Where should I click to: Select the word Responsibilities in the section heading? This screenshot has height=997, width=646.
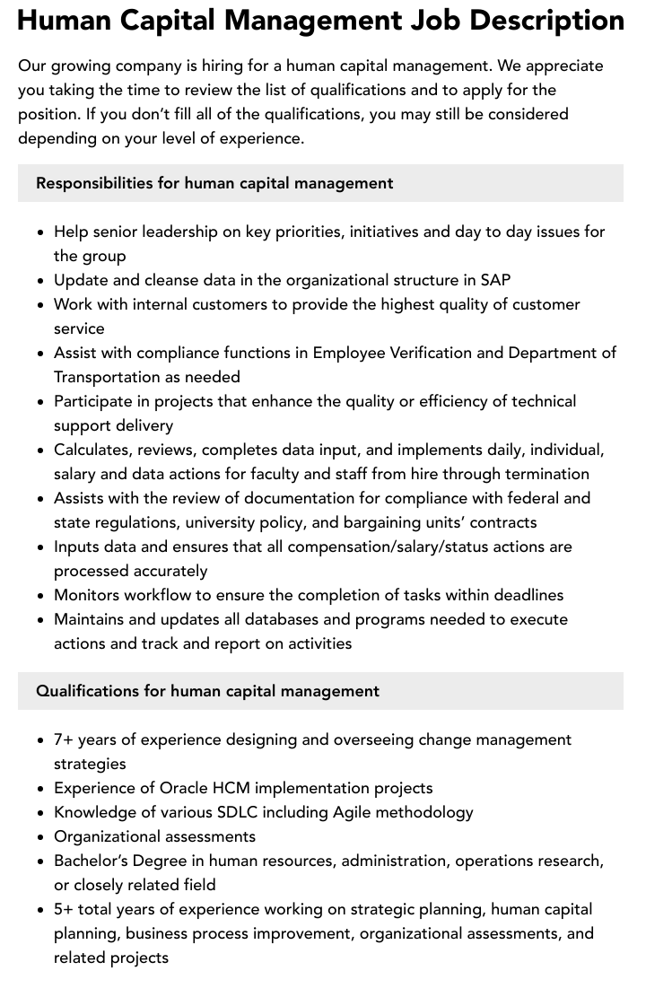(x=94, y=183)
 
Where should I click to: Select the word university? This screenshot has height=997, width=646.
(x=214, y=522)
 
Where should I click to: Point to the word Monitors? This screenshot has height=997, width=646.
(x=89, y=595)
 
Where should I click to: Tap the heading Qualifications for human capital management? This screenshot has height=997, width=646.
(x=207, y=691)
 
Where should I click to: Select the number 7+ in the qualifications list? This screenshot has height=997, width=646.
(x=65, y=739)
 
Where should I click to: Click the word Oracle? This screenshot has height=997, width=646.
(x=183, y=788)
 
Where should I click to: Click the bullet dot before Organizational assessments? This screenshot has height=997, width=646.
(x=40, y=837)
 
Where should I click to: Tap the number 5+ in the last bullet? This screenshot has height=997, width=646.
(x=65, y=909)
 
